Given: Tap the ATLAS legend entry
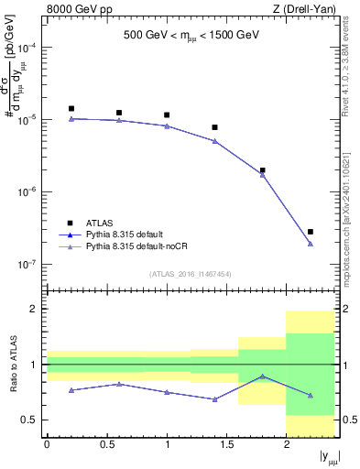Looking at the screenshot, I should [100, 222].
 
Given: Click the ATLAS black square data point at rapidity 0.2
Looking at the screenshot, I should [71, 108].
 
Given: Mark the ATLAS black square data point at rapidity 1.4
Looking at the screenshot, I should [214, 127].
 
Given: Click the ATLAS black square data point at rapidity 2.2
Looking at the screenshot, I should [311, 232].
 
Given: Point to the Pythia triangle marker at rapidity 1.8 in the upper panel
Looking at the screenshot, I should [263, 174].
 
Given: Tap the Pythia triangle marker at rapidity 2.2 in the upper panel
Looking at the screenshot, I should [311, 244].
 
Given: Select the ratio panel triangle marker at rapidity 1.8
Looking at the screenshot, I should [263, 376].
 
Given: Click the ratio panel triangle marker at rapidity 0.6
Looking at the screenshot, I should [119, 384].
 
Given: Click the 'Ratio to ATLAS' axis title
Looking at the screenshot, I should [12, 365].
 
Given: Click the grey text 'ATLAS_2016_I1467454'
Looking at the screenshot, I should [190, 274].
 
